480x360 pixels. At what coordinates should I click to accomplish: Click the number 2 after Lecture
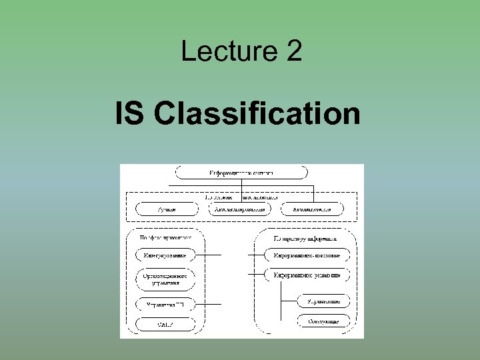point(293,51)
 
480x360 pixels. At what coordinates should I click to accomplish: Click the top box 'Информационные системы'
point(241,173)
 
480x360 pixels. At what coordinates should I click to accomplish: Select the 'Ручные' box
point(167,209)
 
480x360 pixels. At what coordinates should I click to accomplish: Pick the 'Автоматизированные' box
point(240,209)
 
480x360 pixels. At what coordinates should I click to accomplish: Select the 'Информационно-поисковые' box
point(306,255)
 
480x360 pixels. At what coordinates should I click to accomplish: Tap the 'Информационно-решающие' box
point(306,274)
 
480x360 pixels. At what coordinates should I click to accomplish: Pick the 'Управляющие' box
point(323,301)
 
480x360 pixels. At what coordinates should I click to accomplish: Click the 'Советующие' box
point(323,321)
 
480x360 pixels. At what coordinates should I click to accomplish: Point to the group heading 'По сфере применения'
point(165,237)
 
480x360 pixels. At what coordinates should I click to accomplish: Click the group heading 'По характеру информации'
point(305,237)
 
